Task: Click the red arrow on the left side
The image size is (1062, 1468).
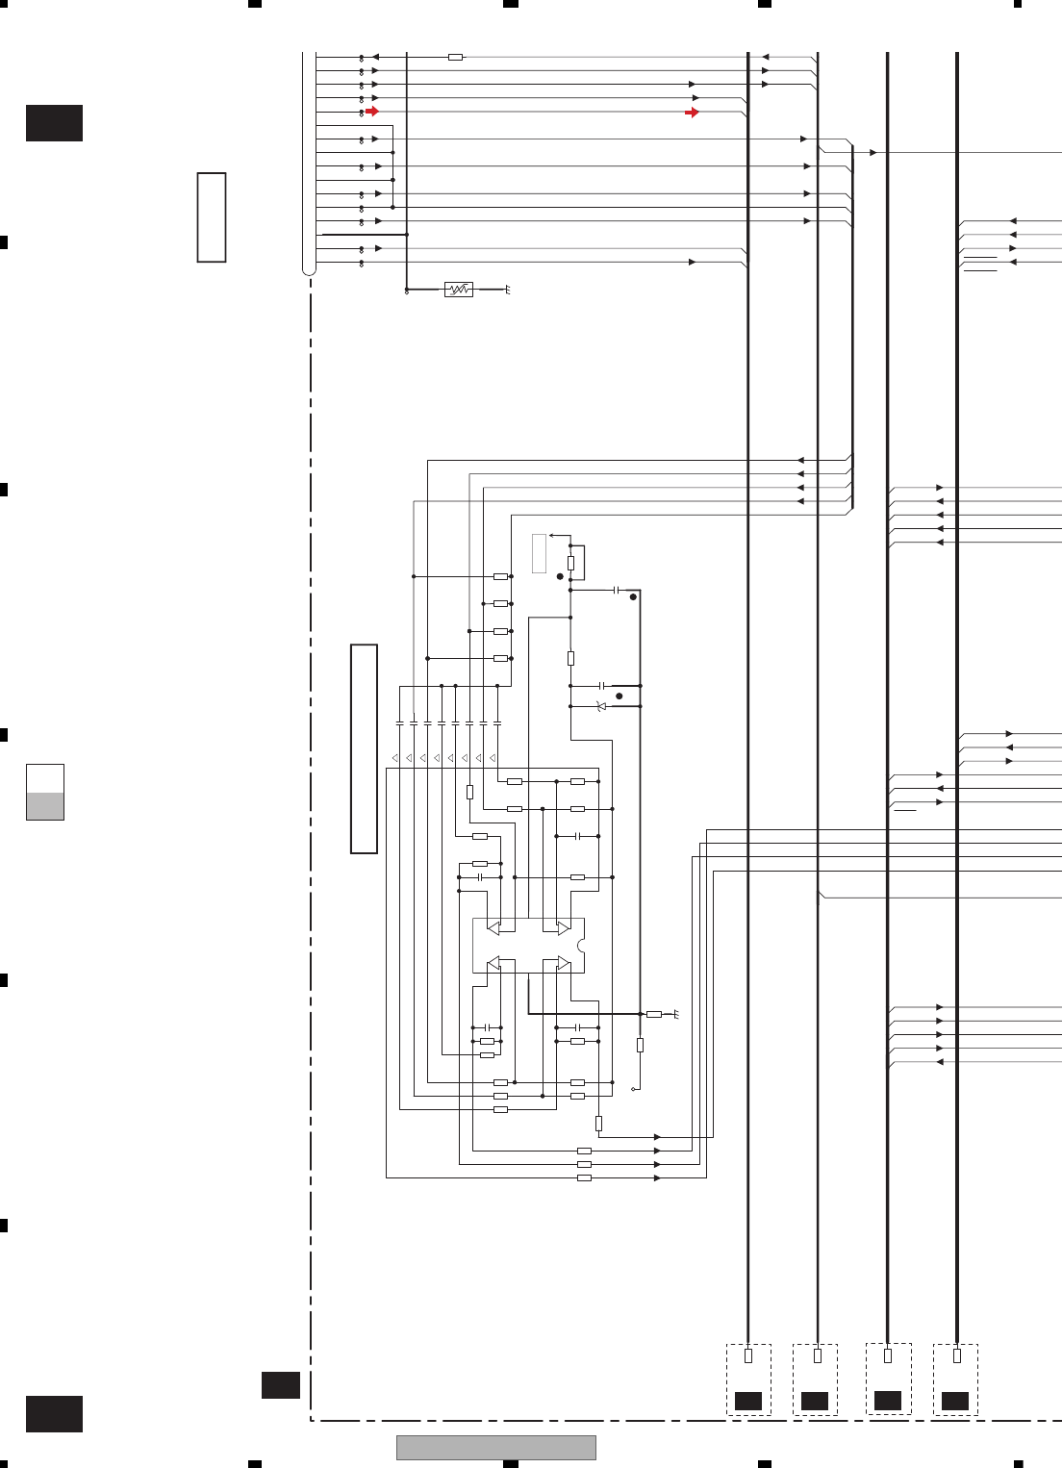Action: click(x=371, y=112)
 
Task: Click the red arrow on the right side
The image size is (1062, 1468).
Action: click(x=692, y=113)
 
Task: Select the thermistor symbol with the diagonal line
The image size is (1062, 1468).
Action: click(x=459, y=290)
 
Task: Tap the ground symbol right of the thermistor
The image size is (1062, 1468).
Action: click(x=507, y=290)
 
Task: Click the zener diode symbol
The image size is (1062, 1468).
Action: click(x=601, y=707)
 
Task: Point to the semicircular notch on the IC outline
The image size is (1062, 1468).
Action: click(x=582, y=946)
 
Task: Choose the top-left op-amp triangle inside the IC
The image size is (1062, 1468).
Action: click(x=493, y=928)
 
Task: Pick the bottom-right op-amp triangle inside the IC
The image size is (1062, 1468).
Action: click(x=563, y=963)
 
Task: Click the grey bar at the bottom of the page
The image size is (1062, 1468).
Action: click(x=495, y=1447)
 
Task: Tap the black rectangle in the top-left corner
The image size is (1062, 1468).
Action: click(x=54, y=123)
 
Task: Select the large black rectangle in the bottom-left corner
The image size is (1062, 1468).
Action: click(x=54, y=1413)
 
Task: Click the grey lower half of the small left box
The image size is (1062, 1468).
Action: click(x=45, y=806)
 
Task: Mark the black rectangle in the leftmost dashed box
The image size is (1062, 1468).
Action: click(x=748, y=1401)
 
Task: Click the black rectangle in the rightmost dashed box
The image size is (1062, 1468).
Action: click(x=955, y=1401)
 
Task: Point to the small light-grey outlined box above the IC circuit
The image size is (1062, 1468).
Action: click(x=540, y=553)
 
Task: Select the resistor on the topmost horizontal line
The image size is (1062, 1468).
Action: click(x=456, y=58)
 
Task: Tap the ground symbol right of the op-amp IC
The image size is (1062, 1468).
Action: click(x=677, y=1014)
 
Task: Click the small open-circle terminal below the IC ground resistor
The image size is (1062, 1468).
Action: click(x=633, y=1090)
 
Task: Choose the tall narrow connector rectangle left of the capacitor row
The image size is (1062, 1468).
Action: click(x=364, y=748)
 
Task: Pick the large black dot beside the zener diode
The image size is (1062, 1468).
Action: click(x=619, y=696)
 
